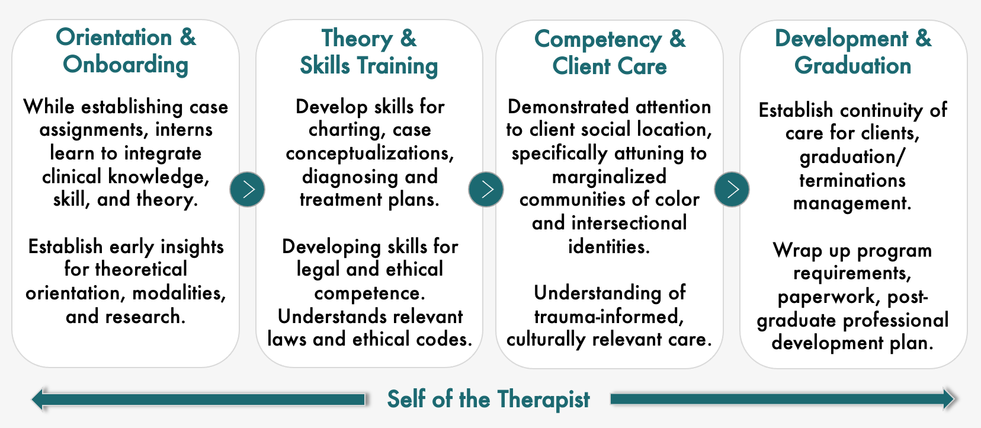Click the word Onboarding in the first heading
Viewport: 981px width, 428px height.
(x=126, y=65)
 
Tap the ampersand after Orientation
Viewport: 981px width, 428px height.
(x=188, y=37)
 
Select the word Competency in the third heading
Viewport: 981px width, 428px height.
(x=598, y=40)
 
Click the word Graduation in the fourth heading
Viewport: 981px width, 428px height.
(x=852, y=66)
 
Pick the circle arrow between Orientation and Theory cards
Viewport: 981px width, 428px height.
(x=248, y=189)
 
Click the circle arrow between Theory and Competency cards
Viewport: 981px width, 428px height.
(x=486, y=189)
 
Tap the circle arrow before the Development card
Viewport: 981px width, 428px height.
(x=732, y=189)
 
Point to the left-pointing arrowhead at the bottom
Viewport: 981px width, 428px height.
(x=39, y=399)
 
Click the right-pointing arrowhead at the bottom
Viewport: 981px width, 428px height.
(x=948, y=399)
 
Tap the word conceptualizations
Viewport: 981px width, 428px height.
(x=370, y=154)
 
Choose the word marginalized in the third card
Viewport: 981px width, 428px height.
(x=609, y=177)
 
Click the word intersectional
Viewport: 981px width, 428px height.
(x=629, y=223)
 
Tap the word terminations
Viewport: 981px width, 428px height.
(x=852, y=180)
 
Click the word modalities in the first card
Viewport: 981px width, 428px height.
(x=179, y=293)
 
